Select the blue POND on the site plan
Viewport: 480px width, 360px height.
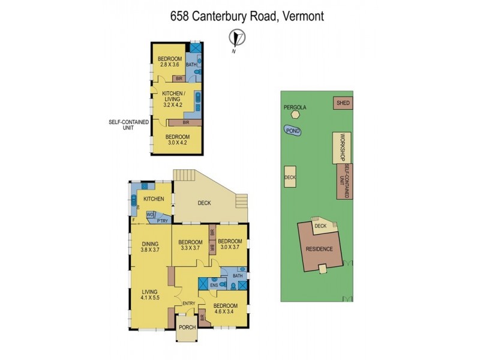[x=293, y=130]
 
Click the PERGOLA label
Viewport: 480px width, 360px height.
[x=295, y=108]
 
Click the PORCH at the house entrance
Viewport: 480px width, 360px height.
[x=187, y=327]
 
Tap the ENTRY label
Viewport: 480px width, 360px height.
[x=188, y=304]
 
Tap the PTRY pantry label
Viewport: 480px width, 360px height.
[x=163, y=220]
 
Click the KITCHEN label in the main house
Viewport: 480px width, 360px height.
[x=154, y=199]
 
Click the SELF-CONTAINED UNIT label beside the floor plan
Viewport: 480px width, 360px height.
[x=128, y=124]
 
